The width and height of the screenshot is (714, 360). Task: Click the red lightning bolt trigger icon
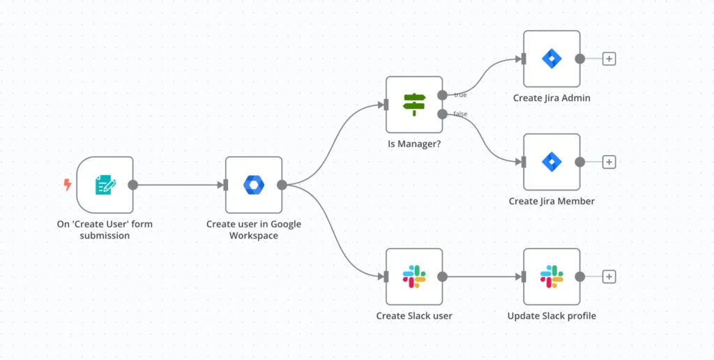67,185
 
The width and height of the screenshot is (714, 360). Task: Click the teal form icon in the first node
105,185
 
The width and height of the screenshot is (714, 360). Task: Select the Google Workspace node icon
254,185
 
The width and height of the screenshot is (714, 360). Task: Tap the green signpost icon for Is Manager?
414,105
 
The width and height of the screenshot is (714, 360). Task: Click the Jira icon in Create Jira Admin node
552,59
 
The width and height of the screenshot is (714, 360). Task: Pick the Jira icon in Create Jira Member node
552,162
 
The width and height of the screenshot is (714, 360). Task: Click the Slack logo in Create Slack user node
414,276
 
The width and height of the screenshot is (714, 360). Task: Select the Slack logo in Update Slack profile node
552,276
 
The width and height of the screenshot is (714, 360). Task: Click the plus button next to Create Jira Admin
609,59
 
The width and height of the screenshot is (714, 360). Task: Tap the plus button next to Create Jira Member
609,162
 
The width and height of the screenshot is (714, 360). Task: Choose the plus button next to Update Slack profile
609,276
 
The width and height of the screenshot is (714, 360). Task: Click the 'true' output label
460,95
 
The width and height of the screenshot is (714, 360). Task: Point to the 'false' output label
460,114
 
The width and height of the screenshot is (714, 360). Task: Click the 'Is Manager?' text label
414,144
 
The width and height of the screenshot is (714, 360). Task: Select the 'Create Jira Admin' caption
552,98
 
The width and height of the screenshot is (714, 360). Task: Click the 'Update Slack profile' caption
552,316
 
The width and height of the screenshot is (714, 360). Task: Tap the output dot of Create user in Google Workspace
282,185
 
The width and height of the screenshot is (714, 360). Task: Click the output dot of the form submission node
133,185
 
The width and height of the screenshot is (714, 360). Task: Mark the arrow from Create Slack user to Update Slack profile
483,276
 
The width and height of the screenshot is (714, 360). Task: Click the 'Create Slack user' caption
414,316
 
